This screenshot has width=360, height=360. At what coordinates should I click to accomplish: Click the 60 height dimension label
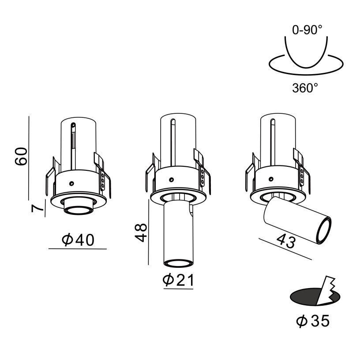(x=21, y=156)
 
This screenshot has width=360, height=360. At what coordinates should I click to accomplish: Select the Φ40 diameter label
(x=78, y=240)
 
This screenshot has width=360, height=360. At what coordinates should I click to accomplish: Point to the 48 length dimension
(x=140, y=232)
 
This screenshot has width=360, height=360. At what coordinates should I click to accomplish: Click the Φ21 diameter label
(x=178, y=280)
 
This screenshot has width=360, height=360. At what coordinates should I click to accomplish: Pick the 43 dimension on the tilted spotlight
(x=285, y=241)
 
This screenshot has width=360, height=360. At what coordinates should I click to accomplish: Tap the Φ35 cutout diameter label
(x=313, y=321)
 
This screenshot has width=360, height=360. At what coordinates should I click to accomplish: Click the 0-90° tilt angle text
(x=307, y=30)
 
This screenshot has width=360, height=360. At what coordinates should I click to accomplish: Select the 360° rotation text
(x=305, y=88)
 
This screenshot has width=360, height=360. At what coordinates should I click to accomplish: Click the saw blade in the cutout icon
(x=326, y=291)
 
